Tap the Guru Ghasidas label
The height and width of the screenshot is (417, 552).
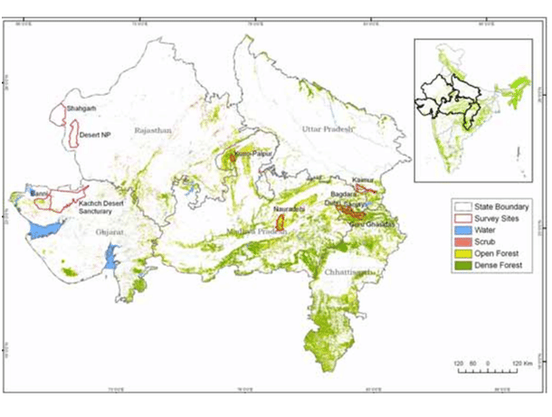click(375, 223)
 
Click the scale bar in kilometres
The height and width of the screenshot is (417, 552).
click(487, 366)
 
